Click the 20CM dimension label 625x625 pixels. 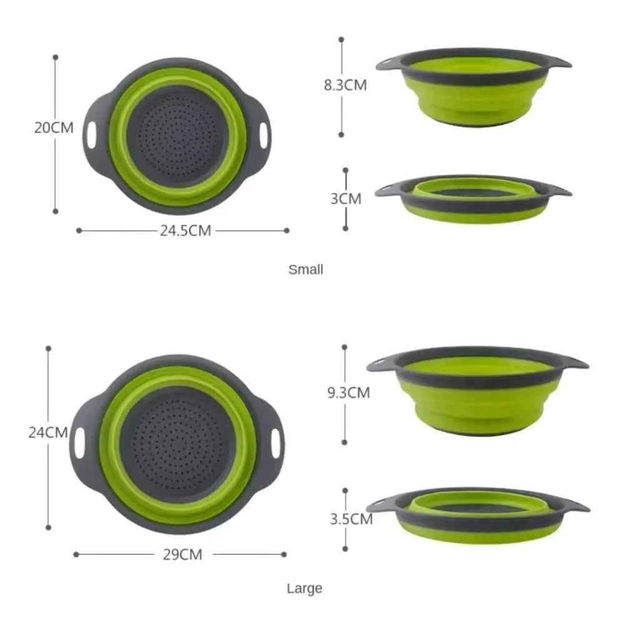click(54, 128)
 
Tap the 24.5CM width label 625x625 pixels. click(185, 230)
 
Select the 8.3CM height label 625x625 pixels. click(345, 86)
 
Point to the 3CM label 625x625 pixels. click(346, 199)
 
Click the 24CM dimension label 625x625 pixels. click(48, 432)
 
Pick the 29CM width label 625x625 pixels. click(183, 554)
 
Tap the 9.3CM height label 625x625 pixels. click(348, 393)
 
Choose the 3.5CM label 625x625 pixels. click(350, 518)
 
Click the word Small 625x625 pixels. click(306, 270)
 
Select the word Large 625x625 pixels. click(305, 588)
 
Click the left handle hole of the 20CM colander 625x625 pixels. click(93, 135)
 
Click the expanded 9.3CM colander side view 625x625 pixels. click(478, 391)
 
